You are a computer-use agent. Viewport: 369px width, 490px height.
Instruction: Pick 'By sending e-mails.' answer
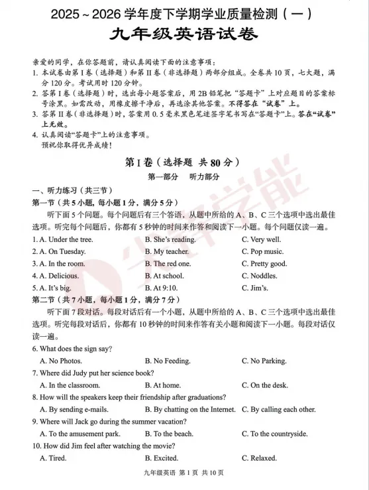(74, 409)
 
